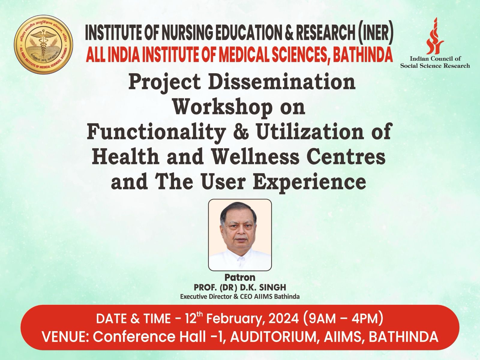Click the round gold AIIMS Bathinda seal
tap(43, 44)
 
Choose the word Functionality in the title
tap(156, 132)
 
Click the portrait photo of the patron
tap(240, 235)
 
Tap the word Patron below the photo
tap(240, 277)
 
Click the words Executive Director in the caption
tap(205, 297)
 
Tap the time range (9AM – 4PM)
tap(343, 319)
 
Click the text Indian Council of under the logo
tap(435, 58)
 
